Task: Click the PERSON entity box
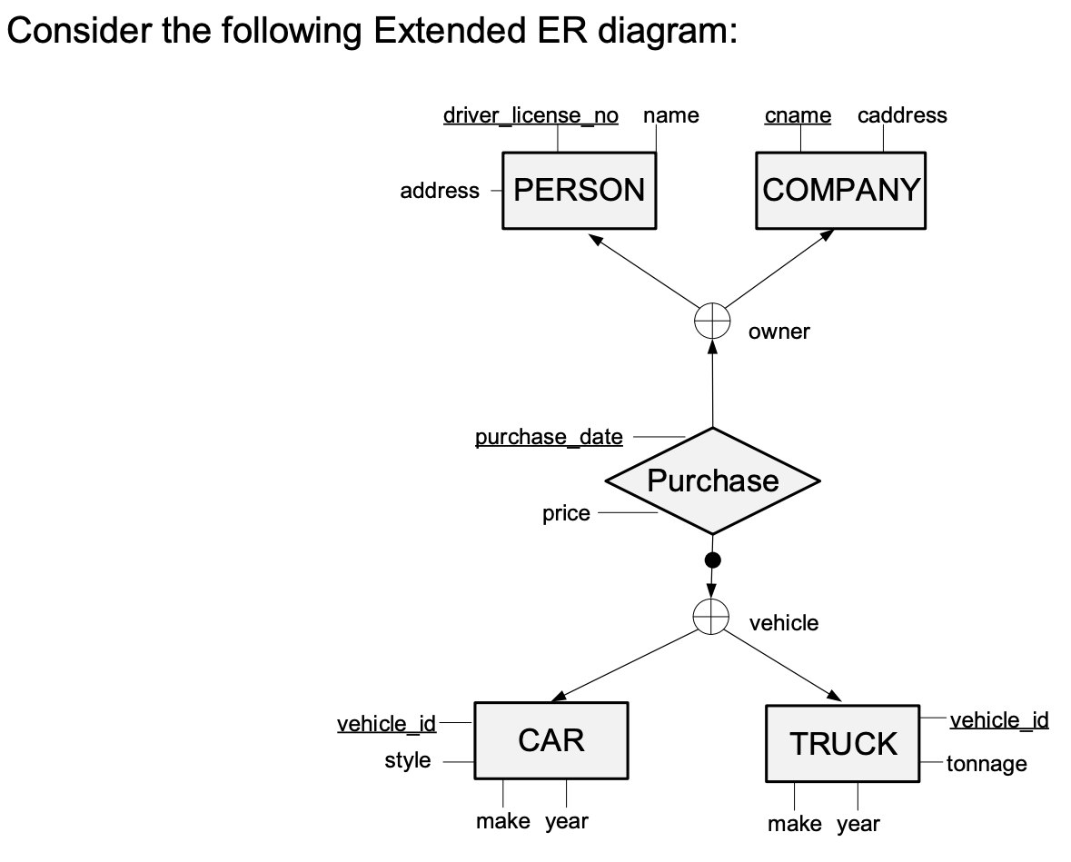(579, 191)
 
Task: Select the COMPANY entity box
(840, 191)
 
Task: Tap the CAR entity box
(550, 740)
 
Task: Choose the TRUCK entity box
(843, 744)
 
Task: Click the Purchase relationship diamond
(712, 481)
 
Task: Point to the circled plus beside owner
(712, 321)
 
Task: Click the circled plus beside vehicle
(711, 616)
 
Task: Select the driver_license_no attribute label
(531, 115)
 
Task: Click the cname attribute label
(798, 115)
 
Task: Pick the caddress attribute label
(901, 115)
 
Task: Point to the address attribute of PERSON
(440, 191)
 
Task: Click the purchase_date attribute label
(549, 437)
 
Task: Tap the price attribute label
(566, 513)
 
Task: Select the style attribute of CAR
(408, 760)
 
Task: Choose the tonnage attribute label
(987, 764)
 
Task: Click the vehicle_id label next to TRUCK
(999, 720)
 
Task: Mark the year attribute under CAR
(567, 821)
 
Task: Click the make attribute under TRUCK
(795, 824)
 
